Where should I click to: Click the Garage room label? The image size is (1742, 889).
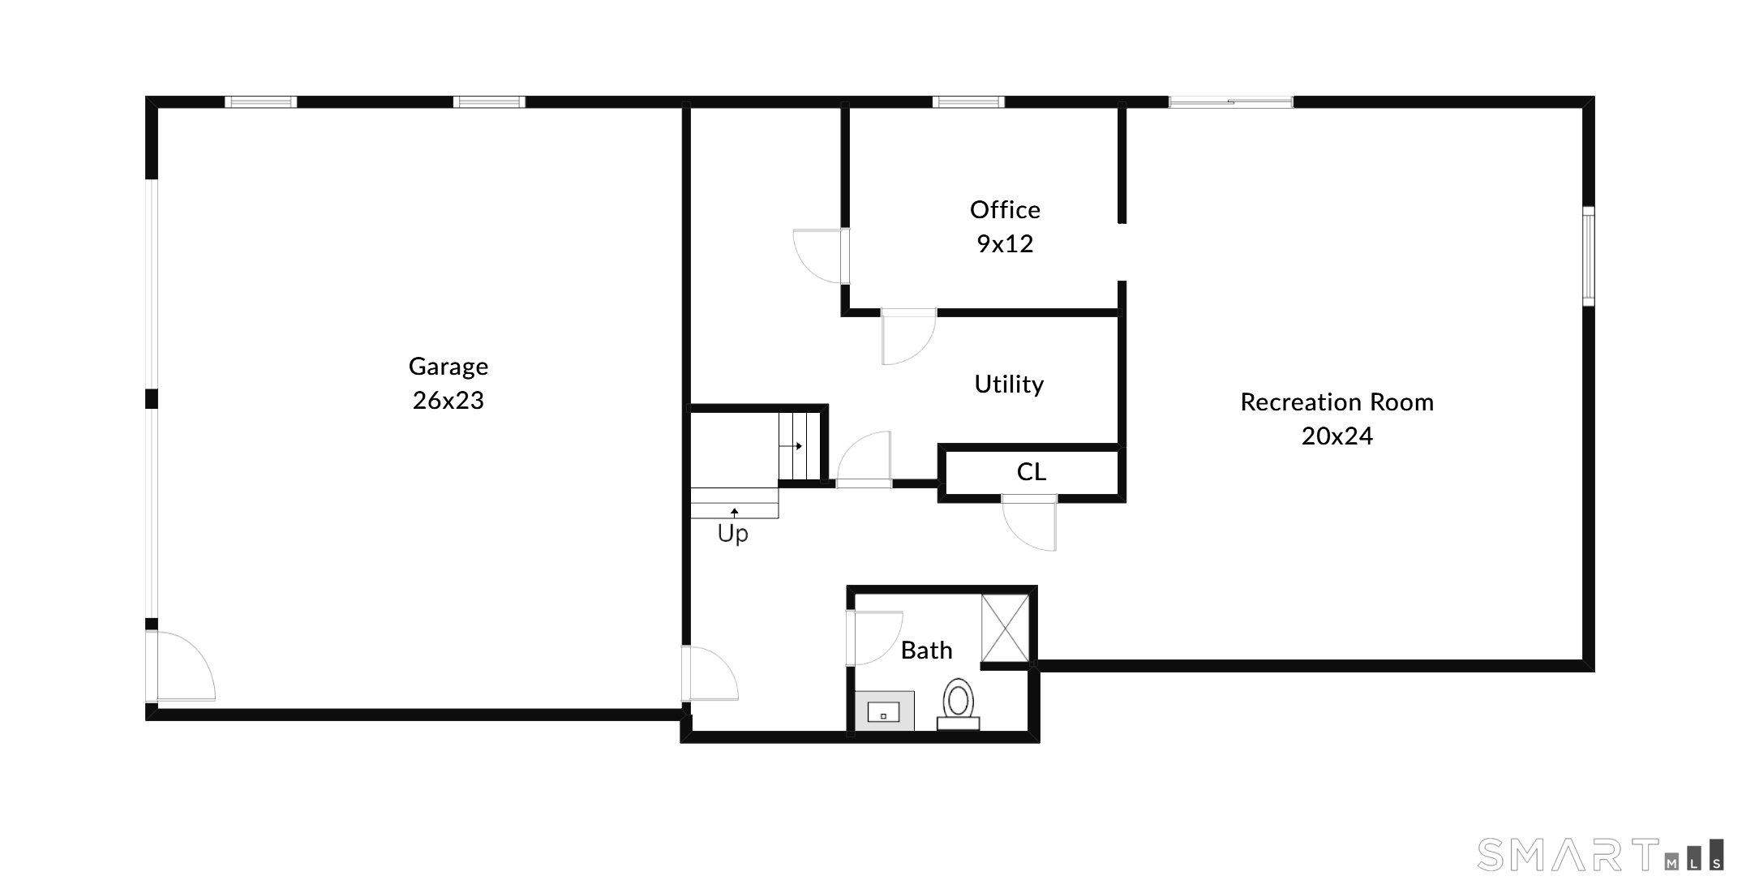pos(448,367)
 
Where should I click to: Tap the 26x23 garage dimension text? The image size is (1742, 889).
pos(448,401)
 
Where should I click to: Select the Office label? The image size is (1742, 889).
pos(1005,210)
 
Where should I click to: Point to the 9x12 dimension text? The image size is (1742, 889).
pos(1005,244)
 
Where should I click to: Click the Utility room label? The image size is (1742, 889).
pos(1009,384)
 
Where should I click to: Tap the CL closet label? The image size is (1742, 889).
pos(1031,472)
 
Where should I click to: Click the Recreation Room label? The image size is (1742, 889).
pos(1337,402)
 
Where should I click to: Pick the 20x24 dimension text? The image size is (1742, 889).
pos(1337,436)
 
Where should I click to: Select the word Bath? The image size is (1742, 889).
pos(926,651)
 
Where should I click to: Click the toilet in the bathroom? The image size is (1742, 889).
pos(958,702)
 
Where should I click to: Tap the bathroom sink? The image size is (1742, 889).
pos(884,711)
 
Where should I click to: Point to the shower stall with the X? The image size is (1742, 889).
pos(1005,629)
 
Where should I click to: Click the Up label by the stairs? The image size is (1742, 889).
pos(732,534)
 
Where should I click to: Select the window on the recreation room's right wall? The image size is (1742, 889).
pos(1588,256)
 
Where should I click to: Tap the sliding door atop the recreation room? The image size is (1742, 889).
pos(1230,102)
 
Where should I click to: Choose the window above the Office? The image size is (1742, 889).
pos(968,102)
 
